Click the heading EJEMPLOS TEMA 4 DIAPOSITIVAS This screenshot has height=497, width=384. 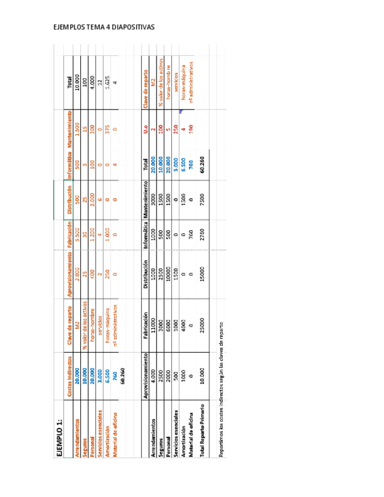click(104, 28)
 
